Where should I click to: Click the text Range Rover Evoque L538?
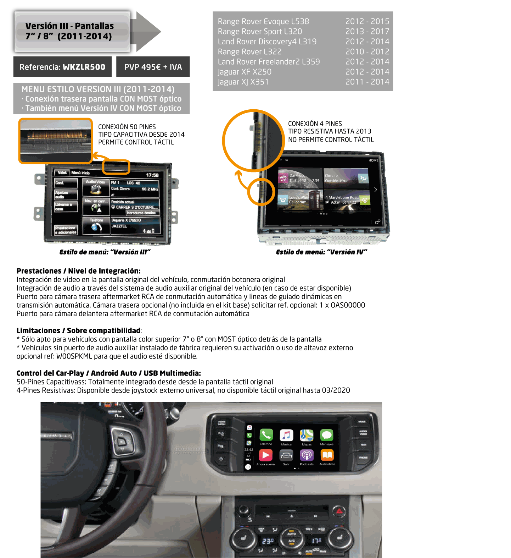263,22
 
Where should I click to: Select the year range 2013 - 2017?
367,32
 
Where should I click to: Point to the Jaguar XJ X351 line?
243,82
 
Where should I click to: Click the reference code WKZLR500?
84,67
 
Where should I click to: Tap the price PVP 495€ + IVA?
153,67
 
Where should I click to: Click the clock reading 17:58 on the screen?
152,175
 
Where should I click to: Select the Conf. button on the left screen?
66,183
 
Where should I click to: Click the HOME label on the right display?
373,160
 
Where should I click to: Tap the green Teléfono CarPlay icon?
266,435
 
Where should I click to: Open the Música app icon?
286,435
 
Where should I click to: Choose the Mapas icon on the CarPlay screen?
307,435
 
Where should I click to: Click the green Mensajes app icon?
327,435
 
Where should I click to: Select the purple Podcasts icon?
307,455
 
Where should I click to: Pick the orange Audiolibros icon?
327,455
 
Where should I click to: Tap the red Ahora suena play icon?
266,455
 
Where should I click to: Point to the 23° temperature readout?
268,541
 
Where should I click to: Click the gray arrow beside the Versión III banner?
147,32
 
